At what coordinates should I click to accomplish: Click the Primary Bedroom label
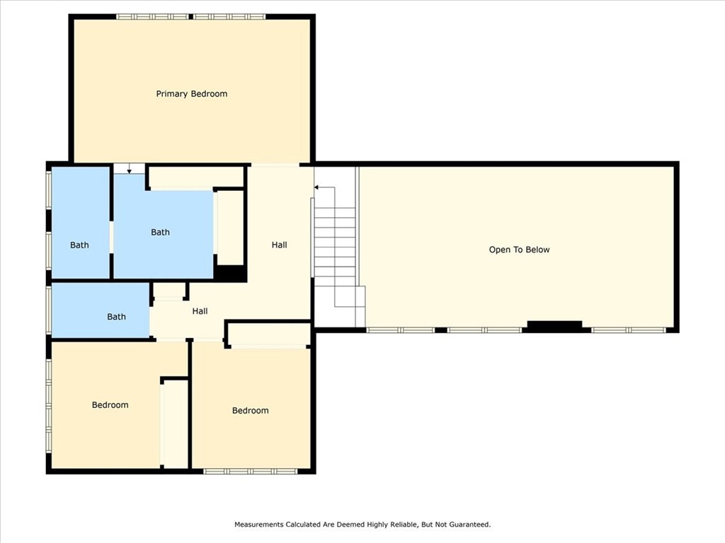(192, 94)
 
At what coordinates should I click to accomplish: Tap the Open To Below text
(519, 250)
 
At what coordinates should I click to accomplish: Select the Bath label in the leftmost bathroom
(79, 245)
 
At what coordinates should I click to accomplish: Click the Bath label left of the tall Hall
(160, 232)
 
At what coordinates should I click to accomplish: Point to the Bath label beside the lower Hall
(116, 317)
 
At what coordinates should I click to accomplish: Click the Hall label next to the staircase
(279, 245)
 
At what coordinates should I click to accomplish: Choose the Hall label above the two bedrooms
(200, 311)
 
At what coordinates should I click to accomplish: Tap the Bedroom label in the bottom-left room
(110, 405)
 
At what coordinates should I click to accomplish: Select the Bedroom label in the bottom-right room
(250, 411)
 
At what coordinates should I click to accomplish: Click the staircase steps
(335, 247)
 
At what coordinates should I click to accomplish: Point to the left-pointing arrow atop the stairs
(317, 187)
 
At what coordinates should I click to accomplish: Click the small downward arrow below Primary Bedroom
(129, 170)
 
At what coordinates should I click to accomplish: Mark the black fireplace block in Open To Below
(554, 326)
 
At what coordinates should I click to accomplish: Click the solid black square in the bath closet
(229, 272)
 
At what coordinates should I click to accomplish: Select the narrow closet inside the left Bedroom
(175, 424)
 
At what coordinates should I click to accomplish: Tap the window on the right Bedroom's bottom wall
(251, 471)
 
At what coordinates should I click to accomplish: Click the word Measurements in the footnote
(259, 525)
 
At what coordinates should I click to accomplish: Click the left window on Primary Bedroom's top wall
(153, 16)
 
